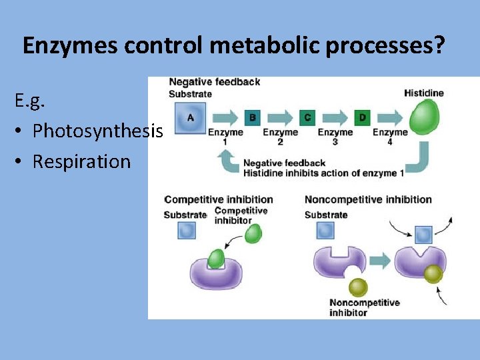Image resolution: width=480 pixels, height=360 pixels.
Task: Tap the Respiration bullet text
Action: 81,161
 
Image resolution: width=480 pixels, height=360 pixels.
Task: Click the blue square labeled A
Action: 190,118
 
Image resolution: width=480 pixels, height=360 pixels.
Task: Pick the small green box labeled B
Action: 252,118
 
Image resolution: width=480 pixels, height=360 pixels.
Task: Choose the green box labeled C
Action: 307,118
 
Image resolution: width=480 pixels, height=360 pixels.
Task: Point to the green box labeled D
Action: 362,118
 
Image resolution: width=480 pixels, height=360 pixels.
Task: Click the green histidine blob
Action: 424,117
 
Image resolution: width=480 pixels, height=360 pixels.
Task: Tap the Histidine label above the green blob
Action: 423,93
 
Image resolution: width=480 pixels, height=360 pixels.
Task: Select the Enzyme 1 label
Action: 225,137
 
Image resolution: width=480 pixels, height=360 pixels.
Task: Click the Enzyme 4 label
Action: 390,137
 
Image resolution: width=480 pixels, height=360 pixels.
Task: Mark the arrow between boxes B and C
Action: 280,118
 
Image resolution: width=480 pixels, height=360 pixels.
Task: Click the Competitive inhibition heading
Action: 219,199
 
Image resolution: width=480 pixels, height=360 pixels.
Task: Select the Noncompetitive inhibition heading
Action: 368,199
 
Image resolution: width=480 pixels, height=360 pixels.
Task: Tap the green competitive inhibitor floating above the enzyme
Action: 253,233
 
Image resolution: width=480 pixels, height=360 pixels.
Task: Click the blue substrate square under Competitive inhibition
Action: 187,231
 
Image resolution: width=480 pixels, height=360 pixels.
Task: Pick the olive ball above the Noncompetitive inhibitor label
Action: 359,287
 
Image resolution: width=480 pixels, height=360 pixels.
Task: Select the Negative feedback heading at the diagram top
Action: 214,82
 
